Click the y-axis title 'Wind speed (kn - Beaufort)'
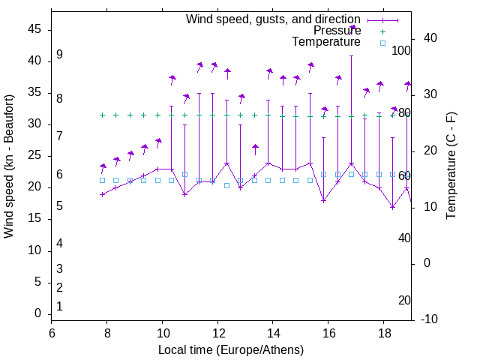[9, 166]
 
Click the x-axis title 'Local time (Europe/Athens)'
[231, 350]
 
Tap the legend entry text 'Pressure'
[337, 31]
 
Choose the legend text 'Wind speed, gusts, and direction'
[273, 19]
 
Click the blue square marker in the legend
[382, 43]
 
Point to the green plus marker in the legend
[382, 31]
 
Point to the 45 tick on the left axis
[34, 29]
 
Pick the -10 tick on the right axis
[430, 319]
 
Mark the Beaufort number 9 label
[59, 55]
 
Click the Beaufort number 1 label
[59, 306]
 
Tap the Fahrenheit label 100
[402, 50]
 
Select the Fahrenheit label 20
[404, 300]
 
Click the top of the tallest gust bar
[351, 55]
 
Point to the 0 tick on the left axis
[37, 313]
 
